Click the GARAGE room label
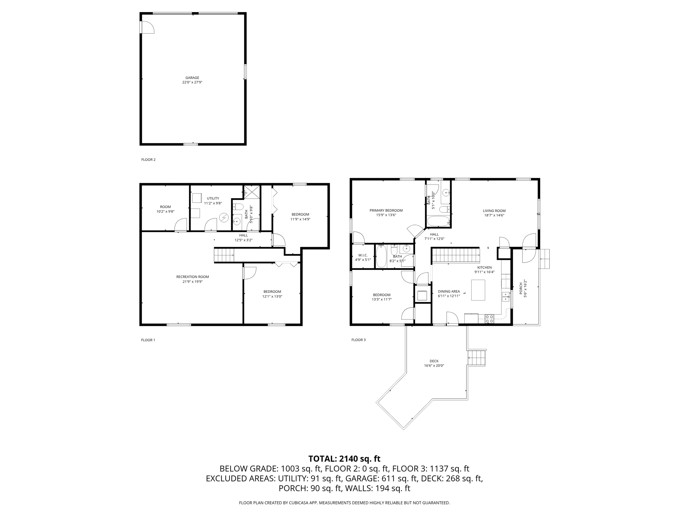(192, 78)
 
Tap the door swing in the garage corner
(147, 28)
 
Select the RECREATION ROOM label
(192, 277)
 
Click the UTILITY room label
(213, 198)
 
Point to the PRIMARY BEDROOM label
(386, 210)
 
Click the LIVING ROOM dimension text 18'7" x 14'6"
(494, 215)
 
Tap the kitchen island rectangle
(478, 290)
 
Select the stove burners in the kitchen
(489, 319)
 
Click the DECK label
(434, 361)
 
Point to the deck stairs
(477, 358)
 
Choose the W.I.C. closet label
(363, 255)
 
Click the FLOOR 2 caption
(148, 160)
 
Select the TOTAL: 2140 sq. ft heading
(344, 458)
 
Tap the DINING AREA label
(449, 291)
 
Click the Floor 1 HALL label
(243, 235)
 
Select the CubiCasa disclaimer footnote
(344, 503)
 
